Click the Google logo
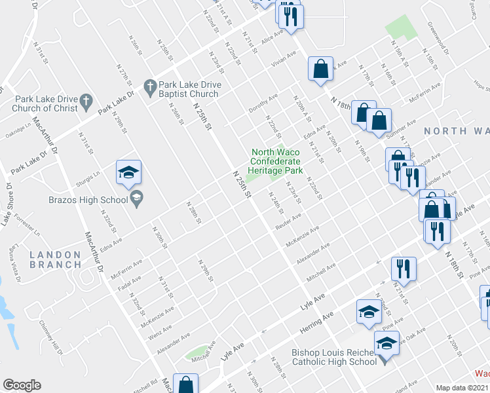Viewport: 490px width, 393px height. click(x=22, y=385)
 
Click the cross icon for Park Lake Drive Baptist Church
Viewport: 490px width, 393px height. click(x=150, y=86)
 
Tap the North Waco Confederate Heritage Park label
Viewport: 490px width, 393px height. click(x=276, y=161)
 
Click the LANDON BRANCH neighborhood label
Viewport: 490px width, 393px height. click(x=56, y=259)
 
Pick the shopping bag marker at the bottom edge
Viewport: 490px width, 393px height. click(x=187, y=384)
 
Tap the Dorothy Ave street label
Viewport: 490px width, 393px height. click(x=263, y=103)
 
